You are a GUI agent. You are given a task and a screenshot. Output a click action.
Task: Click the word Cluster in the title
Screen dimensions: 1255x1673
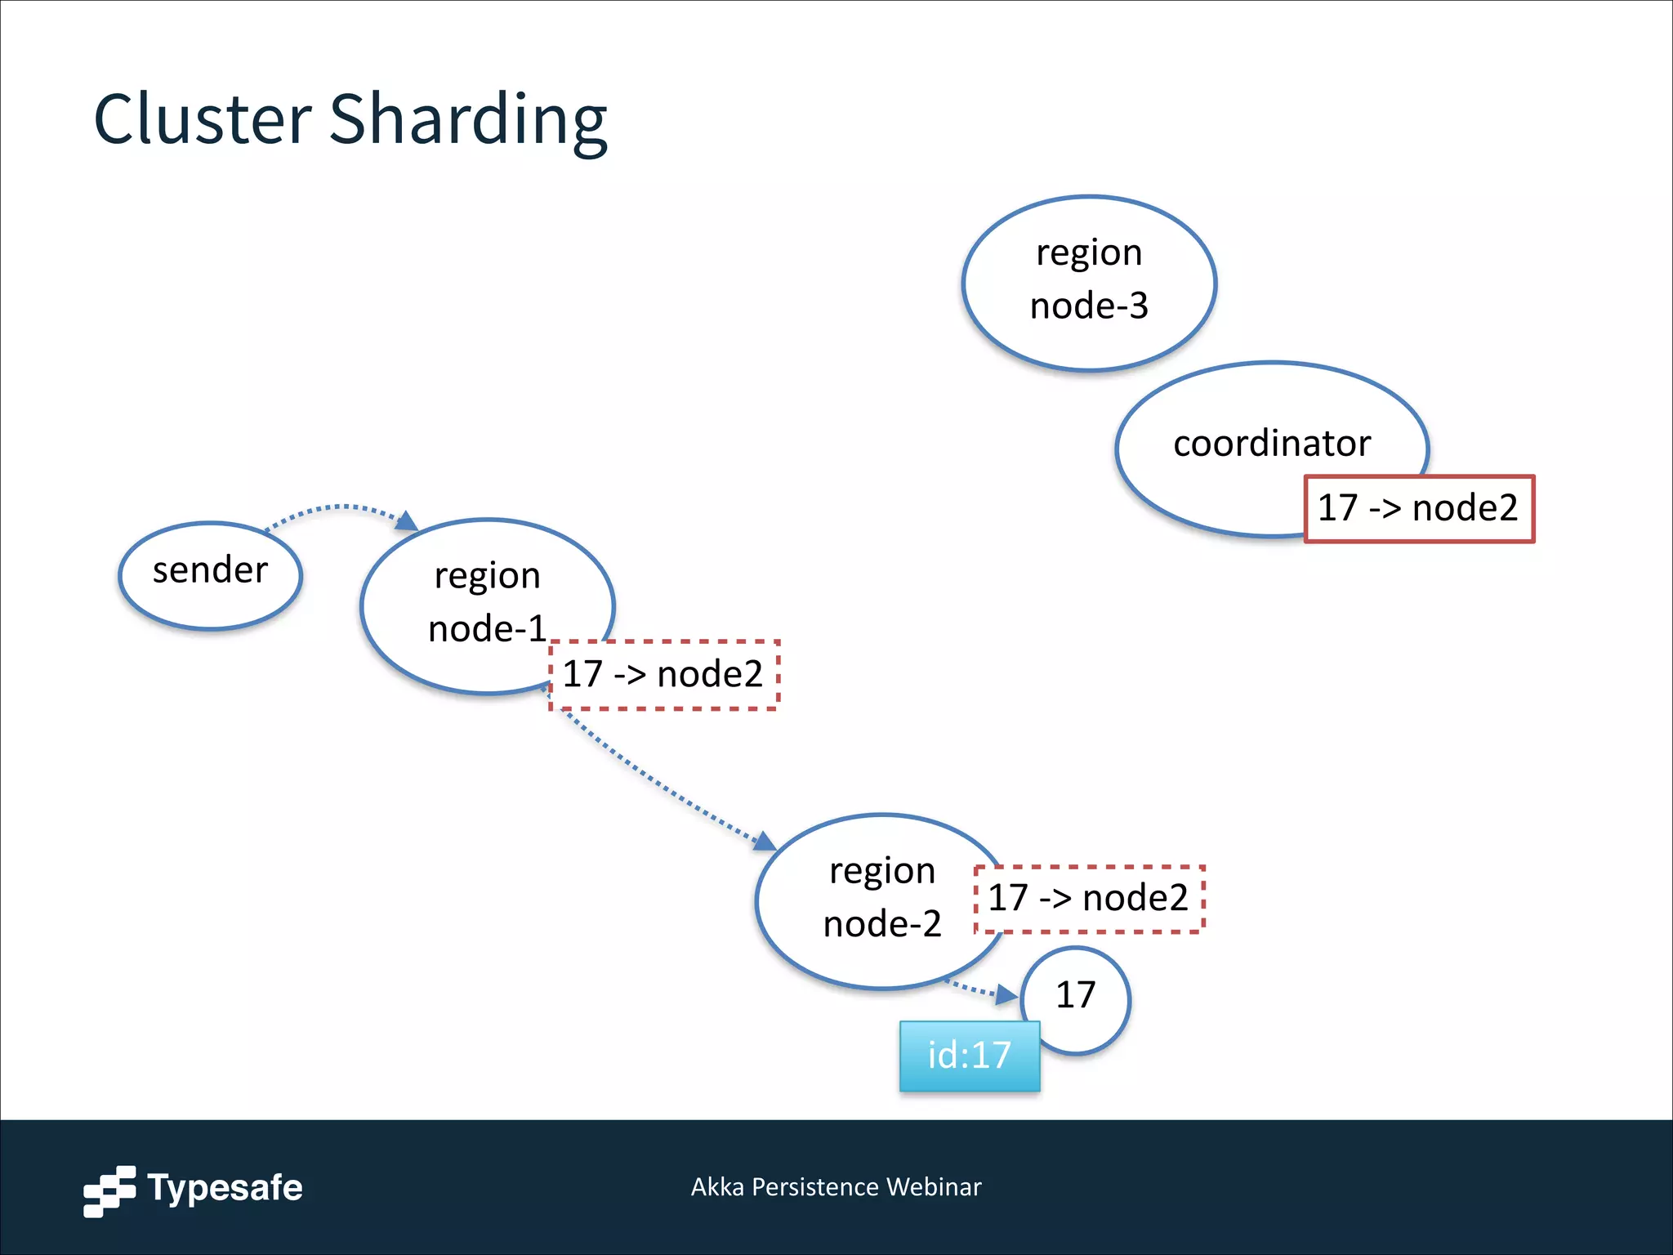(203, 121)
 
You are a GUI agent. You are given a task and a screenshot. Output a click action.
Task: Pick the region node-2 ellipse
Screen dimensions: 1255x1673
(881, 899)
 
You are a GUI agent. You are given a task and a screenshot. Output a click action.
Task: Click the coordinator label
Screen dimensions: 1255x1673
(1271, 444)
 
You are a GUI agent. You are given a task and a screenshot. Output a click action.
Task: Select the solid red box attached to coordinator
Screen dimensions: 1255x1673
(1419, 508)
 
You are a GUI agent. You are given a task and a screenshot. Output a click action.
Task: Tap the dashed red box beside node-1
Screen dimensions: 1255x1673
(663, 675)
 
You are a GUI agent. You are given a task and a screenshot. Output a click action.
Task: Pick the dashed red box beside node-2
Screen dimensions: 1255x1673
(1089, 898)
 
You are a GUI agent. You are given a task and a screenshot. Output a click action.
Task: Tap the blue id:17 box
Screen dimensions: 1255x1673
(969, 1056)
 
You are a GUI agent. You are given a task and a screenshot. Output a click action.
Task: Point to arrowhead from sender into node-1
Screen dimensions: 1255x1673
(406, 520)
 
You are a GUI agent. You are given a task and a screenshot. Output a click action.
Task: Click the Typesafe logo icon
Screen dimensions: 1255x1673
(109, 1190)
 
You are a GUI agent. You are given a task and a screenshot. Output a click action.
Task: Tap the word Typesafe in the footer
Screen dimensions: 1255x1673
(225, 1188)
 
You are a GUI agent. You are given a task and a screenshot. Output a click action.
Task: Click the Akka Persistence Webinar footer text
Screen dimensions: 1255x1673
(836, 1187)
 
